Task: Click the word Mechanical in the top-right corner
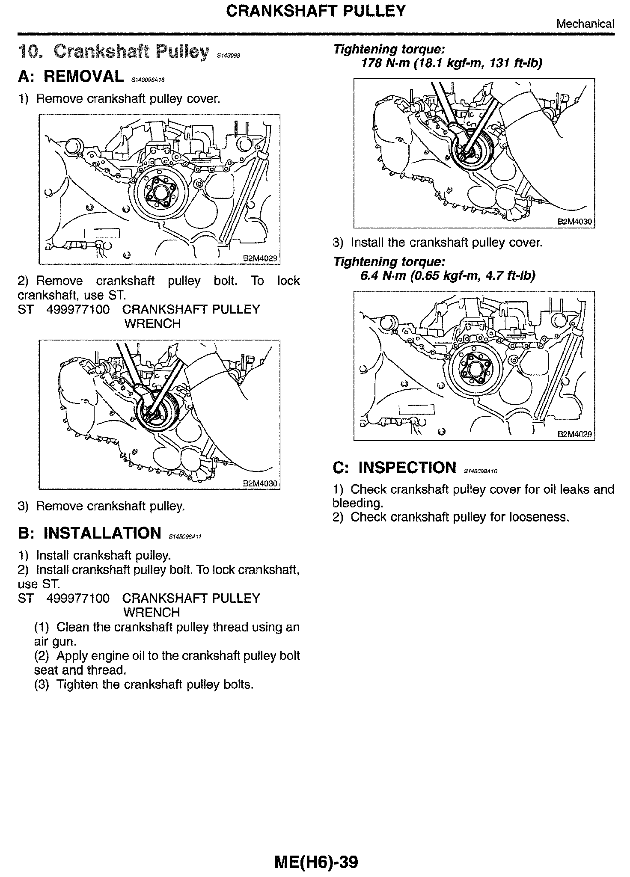pyautogui.click(x=585, y=24)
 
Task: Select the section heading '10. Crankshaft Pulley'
pyautogui.click(x=113, y=52)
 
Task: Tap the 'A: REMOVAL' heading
pyautogui.click(x=71, y=76)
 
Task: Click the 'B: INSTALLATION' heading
pyautogui.click(x=89, y=533)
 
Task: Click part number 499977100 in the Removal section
pyautogui.click(x=77, y=309)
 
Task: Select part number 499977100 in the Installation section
pyautogui.click(x=77, y=598)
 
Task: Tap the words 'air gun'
pyautogui.click(x=55, y=642)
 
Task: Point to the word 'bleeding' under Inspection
pyautogui.click(x=357, y=503)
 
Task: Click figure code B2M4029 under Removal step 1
pyautogui.click(x=260, y=258)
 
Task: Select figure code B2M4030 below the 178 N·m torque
pyautogui.click(x=575, y=222)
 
